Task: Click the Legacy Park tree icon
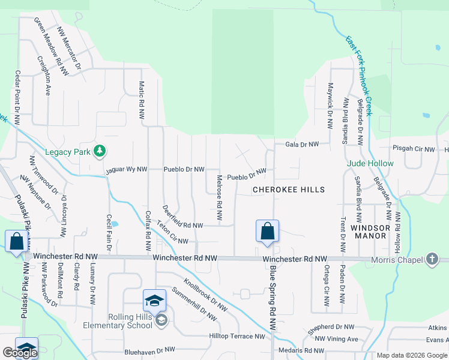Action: [101, 151]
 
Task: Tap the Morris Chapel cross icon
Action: [431, 259]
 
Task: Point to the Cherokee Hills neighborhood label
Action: [289, 190]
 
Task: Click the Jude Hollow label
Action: [370, 163]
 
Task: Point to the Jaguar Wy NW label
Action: [127, 170]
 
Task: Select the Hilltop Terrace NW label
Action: [236, 337]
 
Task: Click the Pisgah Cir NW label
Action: [413, 148]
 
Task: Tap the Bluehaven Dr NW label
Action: [149, 349]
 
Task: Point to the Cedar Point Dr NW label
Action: [17, 96]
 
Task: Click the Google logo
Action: [20, 353]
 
